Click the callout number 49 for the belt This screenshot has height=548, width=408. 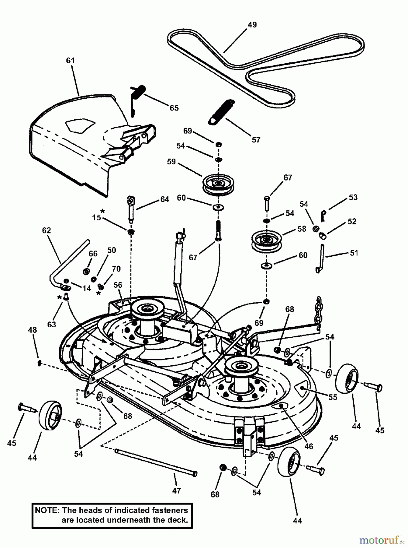coord(252,25)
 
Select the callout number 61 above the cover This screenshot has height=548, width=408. coord(70,61)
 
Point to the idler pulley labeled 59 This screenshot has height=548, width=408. coord(218,184)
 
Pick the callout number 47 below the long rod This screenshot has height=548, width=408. coord(176,490)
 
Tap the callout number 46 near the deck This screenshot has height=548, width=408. coord(309,446)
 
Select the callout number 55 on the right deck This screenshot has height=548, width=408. coord(333,397)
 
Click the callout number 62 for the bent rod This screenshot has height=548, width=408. coord(47,230)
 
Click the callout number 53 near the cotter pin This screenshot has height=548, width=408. coord(353,197)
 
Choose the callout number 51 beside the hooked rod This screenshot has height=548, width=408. coord(354,253)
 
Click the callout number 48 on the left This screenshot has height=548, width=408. coord(32,330)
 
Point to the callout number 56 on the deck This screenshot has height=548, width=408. coord(118,285)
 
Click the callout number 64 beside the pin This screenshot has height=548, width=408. coord(164,199)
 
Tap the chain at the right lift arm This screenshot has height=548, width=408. coord(318,314)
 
